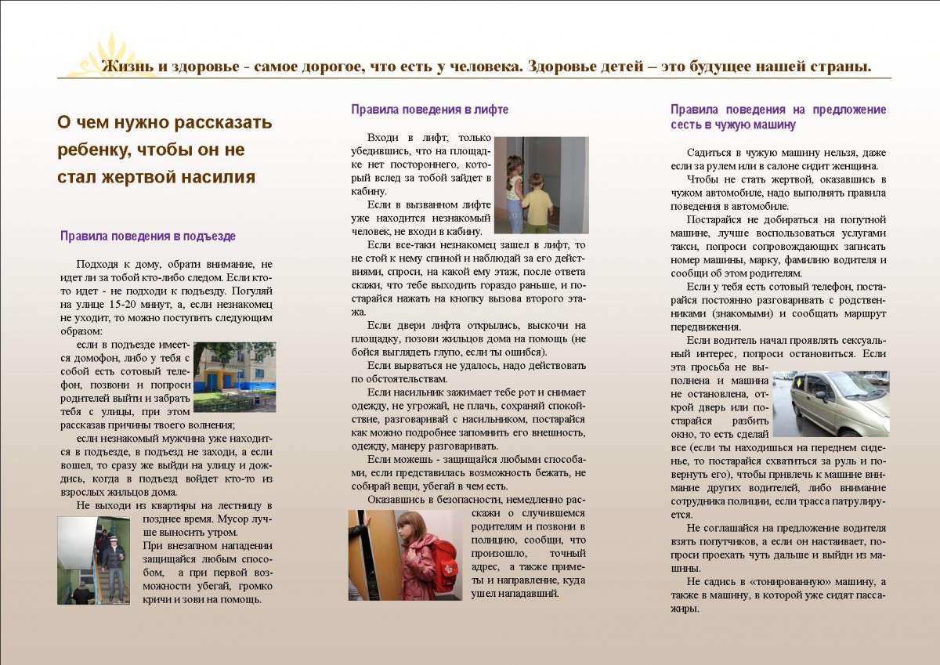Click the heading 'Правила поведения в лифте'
pos(429,110)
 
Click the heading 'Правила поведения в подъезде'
pos(148,236)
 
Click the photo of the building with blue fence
pos(234,377)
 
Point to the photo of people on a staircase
pos(93,559)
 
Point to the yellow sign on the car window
pos(800,384)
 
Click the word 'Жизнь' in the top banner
pos(126,66)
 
